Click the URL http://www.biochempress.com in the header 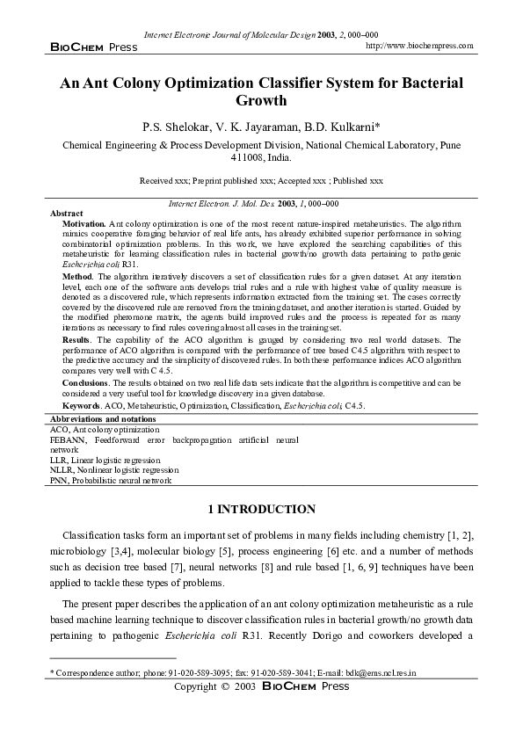click(418, 45)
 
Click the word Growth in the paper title click(261, 101)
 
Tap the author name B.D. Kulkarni click(339, 127)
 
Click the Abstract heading click(67, 214)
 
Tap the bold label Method click(76, 275)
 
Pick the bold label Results click(77, 338)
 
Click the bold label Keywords click(81, 406)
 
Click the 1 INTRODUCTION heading click(261, 510)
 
